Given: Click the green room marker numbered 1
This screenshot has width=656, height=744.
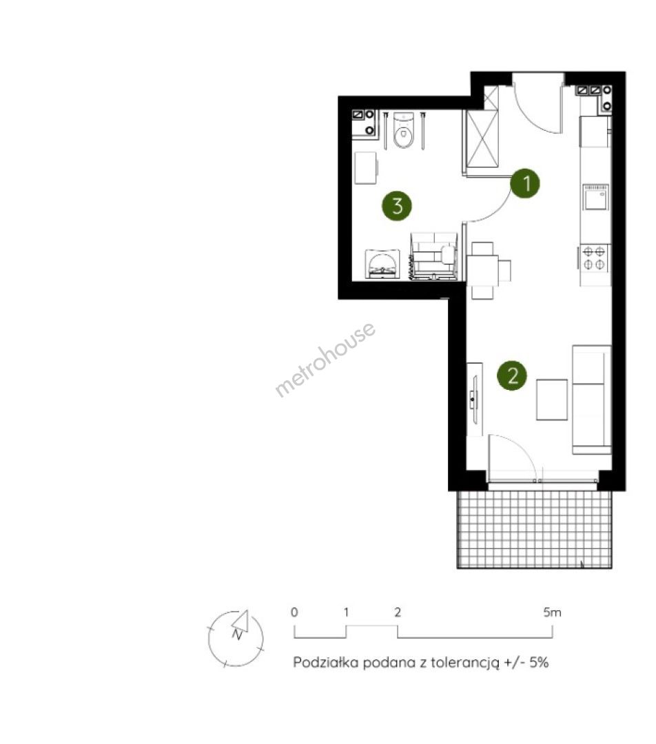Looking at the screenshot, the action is tap(526, 183).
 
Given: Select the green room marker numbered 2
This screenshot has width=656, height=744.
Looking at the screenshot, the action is tap(512, 376).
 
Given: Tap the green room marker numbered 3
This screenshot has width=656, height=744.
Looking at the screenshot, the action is tap(398, 206).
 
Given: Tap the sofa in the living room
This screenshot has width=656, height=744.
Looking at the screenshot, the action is tap(591, 400).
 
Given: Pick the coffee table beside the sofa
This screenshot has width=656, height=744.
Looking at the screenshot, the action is tap(552, 400).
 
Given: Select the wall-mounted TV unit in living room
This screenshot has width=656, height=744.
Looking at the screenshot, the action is tap(474, 399).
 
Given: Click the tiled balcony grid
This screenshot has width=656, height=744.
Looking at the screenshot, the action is tap(535, 529).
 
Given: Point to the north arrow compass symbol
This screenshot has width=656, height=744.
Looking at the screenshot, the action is tap(236, 638).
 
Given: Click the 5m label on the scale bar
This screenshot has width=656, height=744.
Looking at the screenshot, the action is tap(552, 612).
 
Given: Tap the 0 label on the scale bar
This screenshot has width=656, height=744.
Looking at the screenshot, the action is tap(294, 612).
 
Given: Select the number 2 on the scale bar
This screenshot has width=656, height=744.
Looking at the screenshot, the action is tap(398, 612).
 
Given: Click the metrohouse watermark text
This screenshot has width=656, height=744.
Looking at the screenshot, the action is tap(326, 359).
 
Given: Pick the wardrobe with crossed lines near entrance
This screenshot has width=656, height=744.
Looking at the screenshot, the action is tap(482, 138).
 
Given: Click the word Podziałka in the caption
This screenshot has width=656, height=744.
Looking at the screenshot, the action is tap(326, 663).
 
